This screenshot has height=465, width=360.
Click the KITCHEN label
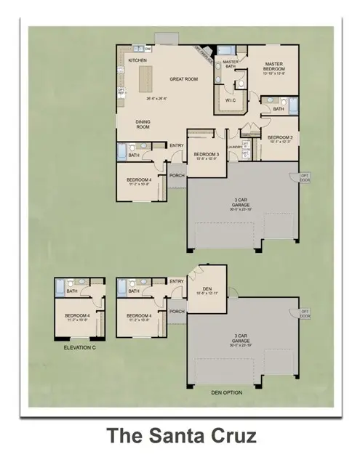138,60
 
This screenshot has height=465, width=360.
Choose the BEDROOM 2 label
279,137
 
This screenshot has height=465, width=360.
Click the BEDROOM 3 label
204,154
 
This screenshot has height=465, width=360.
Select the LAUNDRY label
233,147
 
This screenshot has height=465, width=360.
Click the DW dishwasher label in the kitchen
148,49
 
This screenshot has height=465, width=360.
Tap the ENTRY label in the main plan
176,145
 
